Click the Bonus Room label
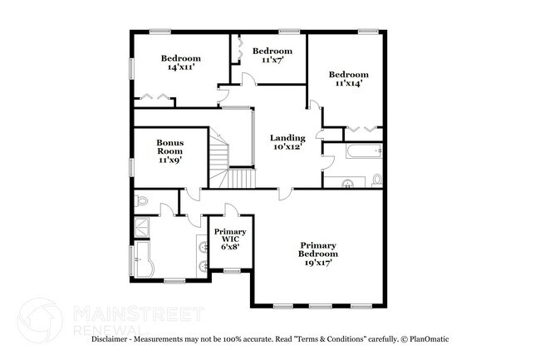[170, 150]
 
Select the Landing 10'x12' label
[288, 142]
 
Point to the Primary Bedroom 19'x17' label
[318, 253]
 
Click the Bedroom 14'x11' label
[181, 62]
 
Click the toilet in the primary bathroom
[142, 200]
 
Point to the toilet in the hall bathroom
[376, 179]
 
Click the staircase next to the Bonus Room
[228, 163]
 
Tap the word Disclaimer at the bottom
[113, 339]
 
